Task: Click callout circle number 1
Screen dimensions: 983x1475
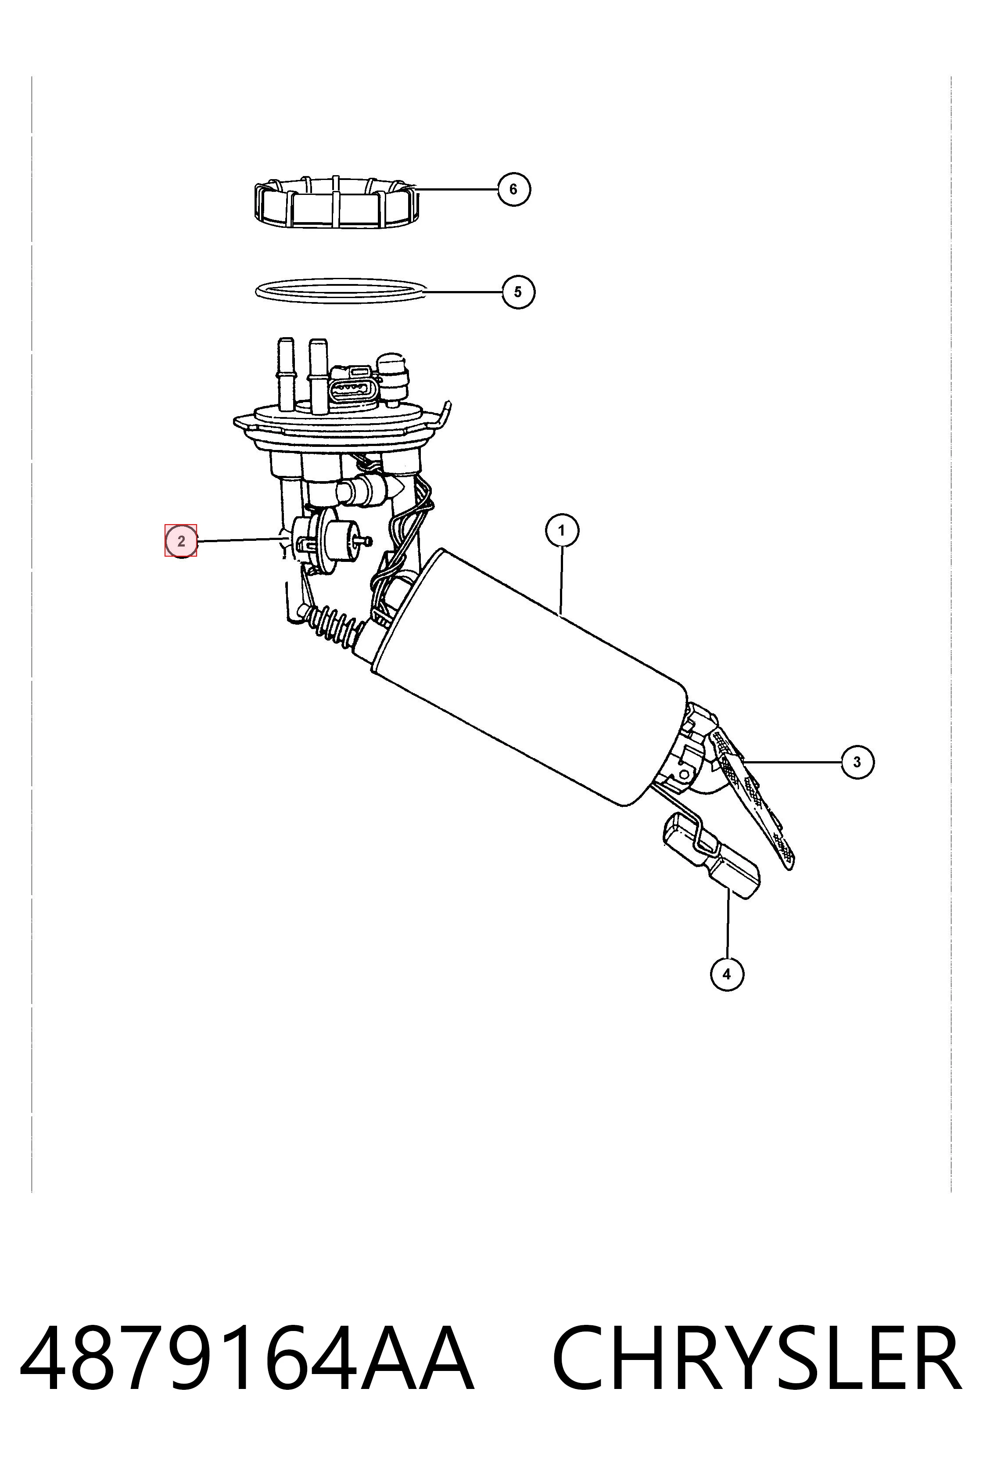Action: [562, 531]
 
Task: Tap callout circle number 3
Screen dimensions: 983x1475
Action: [857, 762]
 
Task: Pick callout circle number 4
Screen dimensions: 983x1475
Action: [727, 974]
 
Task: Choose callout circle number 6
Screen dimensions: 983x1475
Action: [513, 189]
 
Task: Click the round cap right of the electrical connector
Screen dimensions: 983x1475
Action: [394, 378]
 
